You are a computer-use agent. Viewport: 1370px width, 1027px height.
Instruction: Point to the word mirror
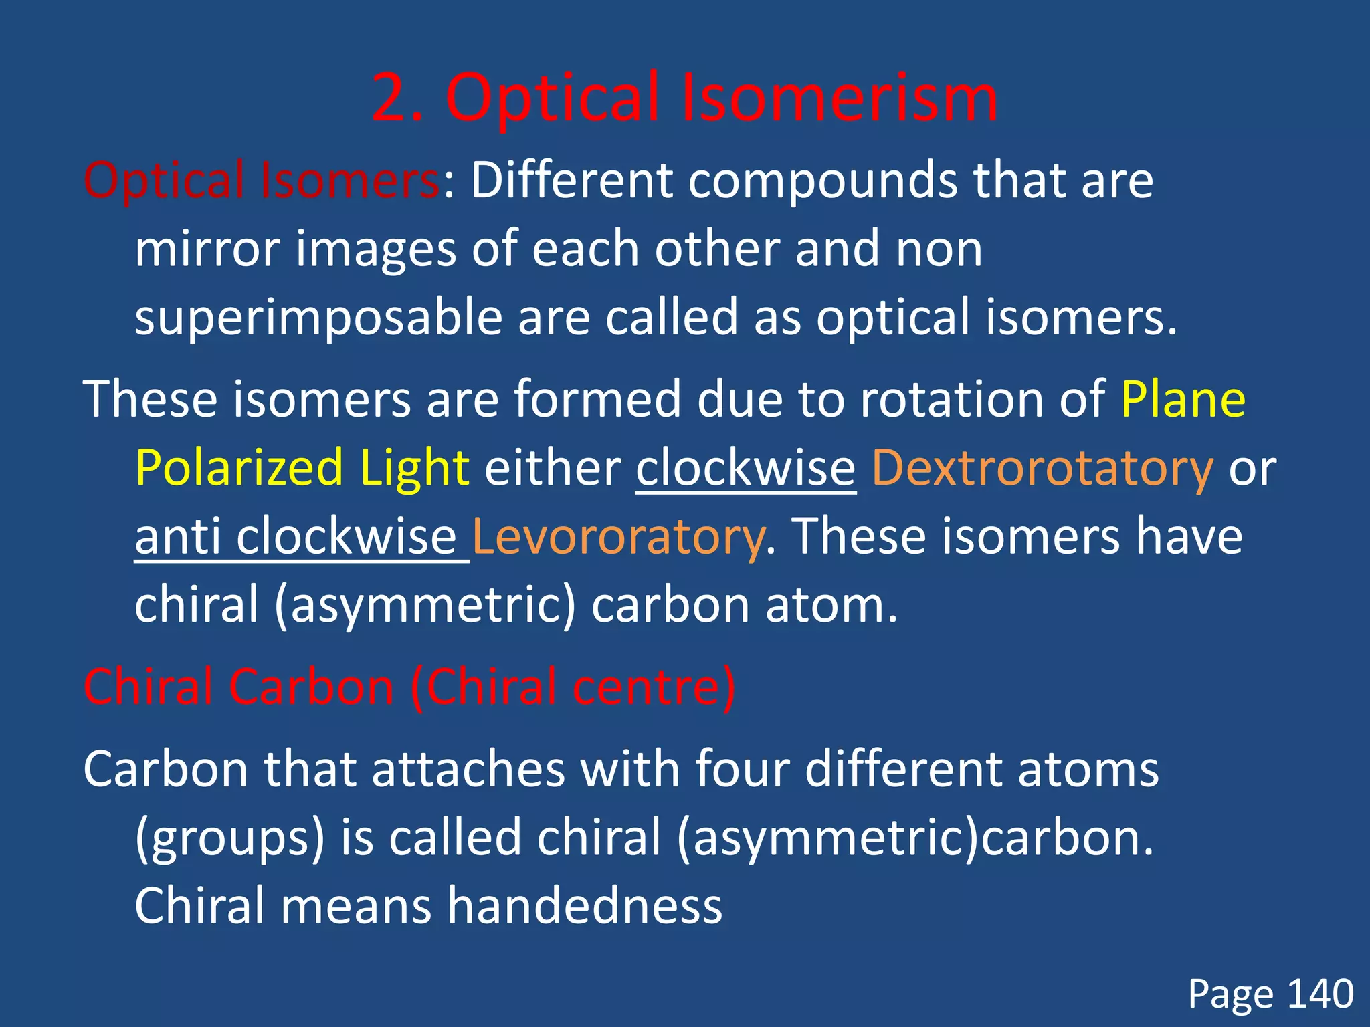(207, 249)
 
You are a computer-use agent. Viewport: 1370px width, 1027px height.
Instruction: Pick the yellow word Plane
(1183, 399)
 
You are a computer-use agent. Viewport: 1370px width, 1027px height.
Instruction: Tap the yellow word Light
(414, 468)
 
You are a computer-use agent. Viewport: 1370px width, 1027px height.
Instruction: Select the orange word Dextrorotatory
(1042, 468)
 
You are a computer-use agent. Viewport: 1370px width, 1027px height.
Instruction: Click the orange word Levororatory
(617, 536)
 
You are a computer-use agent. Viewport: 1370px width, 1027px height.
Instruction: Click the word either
(553, 468)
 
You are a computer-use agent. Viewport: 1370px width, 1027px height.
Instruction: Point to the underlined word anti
(177, 536)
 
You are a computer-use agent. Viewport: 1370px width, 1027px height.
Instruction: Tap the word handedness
(585, 906)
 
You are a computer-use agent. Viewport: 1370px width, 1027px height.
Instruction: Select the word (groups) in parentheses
(229, 838)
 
